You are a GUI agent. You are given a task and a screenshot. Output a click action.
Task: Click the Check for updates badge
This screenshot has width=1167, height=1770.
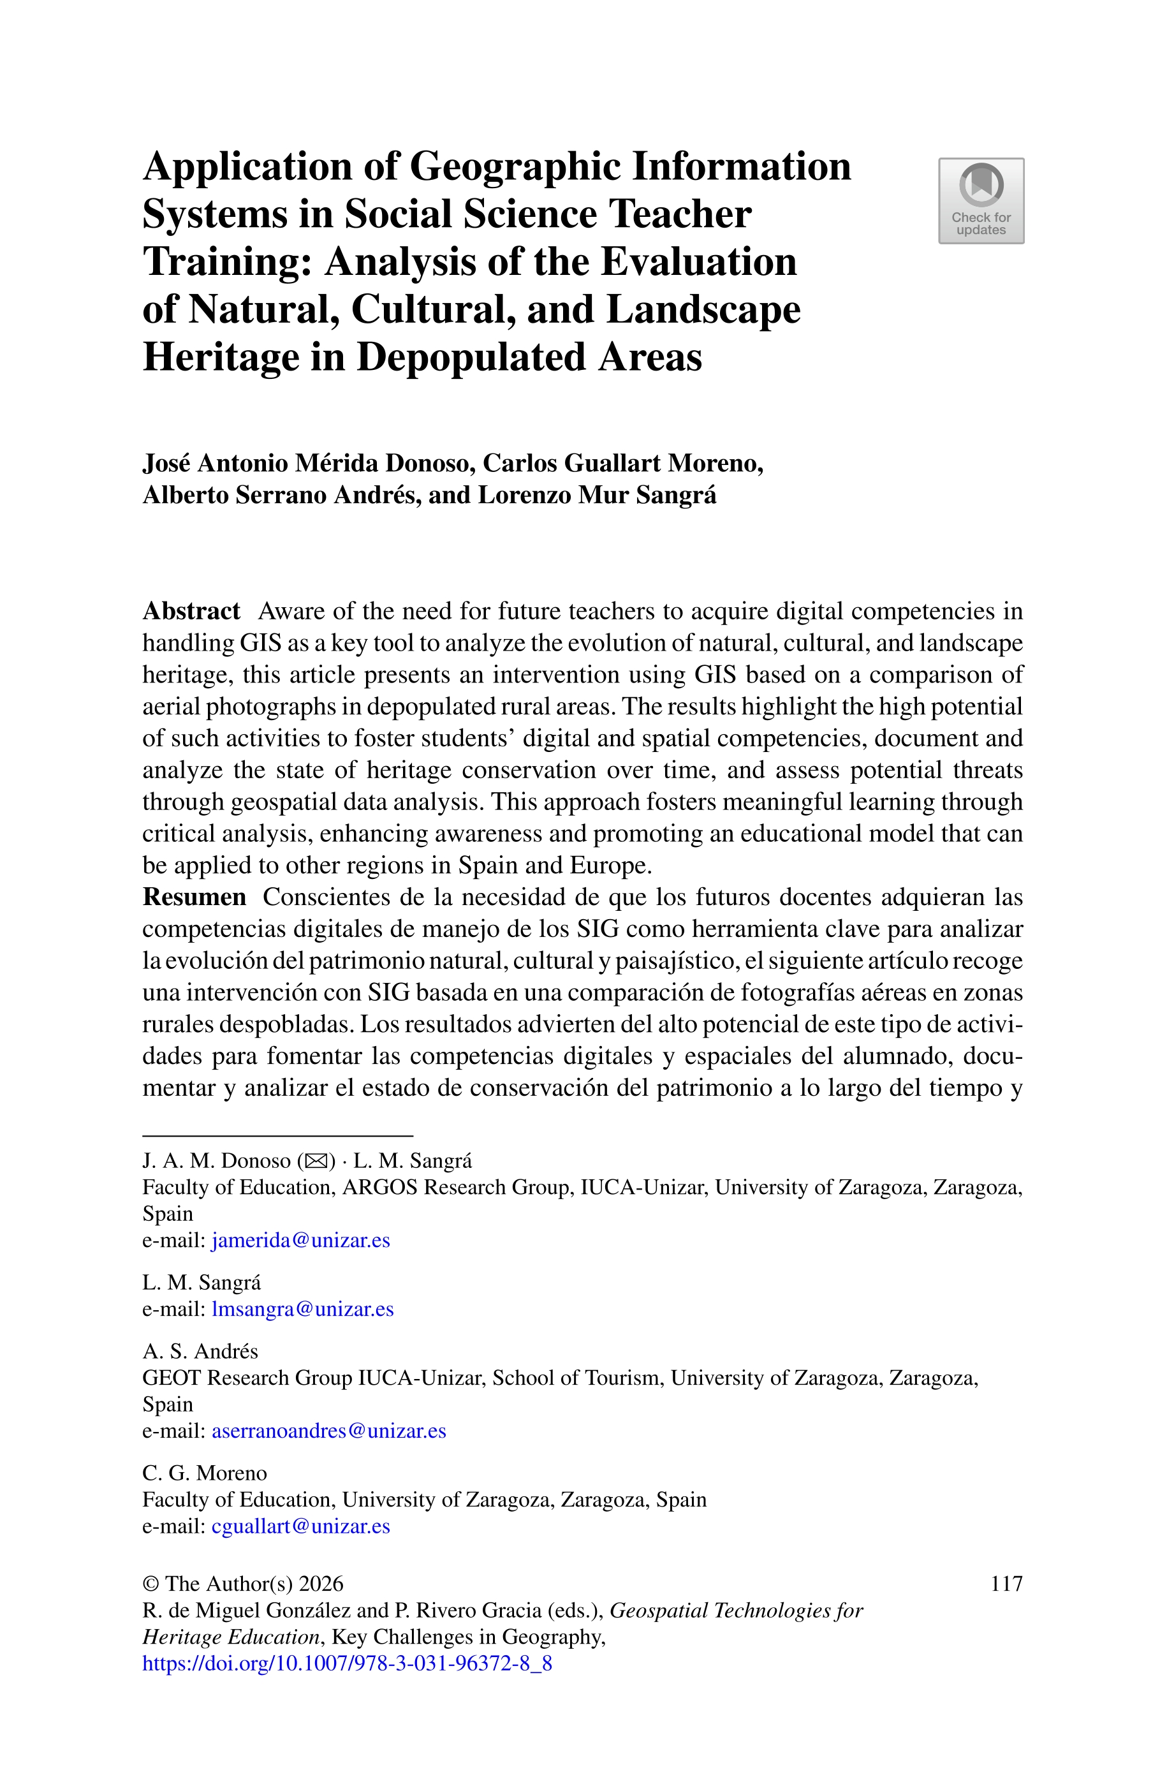tap(980, 200)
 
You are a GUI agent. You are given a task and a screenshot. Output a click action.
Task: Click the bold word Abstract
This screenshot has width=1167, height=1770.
tap(191, 611)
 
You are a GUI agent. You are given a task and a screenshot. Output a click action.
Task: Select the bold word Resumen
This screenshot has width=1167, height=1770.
tap(194, 897)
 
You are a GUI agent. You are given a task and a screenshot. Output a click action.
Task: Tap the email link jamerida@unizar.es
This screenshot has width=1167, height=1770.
tap(301, 1240)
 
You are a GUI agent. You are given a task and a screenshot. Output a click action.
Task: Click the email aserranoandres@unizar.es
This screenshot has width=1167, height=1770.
tap(329, 1431)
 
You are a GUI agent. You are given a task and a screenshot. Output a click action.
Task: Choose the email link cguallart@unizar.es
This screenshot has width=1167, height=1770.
tap(301, 1526)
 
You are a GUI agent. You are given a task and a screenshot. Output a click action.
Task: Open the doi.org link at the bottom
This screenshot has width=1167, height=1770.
tap(347, 1663)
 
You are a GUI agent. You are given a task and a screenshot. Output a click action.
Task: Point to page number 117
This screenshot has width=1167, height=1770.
tap(1006, 1583)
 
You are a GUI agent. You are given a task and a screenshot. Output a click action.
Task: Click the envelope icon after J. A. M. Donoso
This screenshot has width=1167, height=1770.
tap(316, 1161)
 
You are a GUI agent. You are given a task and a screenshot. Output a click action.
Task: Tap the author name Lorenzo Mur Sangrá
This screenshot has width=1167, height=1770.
tap(597, 495)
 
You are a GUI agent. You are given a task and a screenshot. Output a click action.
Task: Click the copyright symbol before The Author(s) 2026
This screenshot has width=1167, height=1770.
tap(150, 1584)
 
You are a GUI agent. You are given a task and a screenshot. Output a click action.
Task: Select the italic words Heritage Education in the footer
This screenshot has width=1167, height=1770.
tap(231, 1637)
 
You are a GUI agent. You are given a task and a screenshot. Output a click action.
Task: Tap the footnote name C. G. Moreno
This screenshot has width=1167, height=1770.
tap(204, 1473)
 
